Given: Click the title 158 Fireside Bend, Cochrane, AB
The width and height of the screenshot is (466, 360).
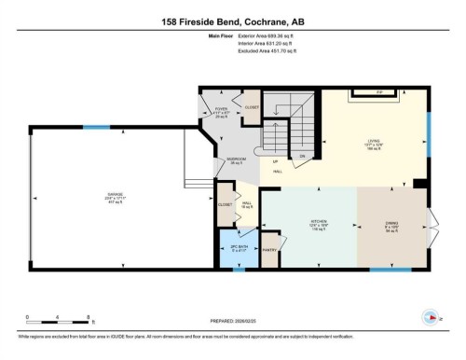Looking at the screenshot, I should (x=232, y=20).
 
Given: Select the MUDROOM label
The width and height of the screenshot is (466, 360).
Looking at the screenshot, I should (x=237, y=159).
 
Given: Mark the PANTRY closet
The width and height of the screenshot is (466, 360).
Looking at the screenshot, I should (x=270, y=249).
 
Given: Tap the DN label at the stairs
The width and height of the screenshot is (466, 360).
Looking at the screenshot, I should (x=301, y=156).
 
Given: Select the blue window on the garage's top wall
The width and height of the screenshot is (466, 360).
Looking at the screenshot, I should (x=95, y=127).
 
